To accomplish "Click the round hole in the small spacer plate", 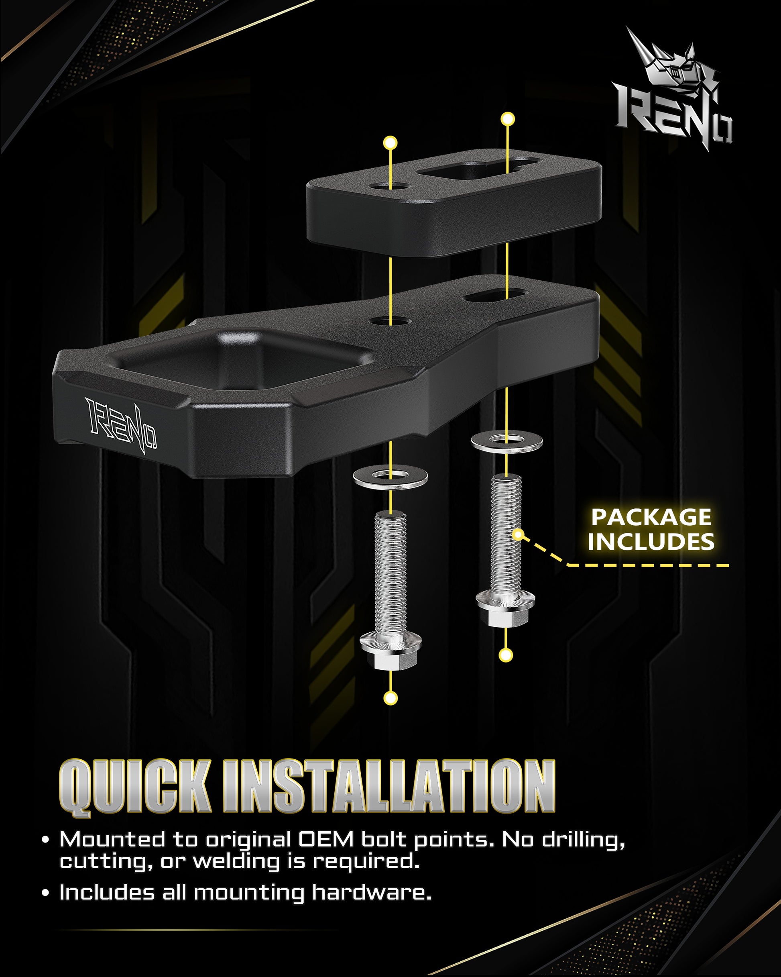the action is coord(390,186).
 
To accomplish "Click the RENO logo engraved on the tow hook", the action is coord(121,426).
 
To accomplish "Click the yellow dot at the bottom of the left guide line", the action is coord(390,698).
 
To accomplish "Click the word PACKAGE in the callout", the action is coord(651,517).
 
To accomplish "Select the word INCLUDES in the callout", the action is coord(651,542).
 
